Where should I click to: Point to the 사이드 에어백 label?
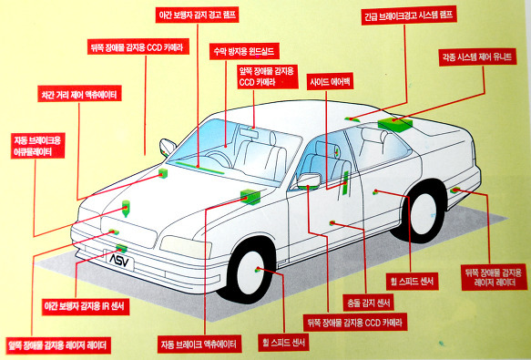[x=332, y=80]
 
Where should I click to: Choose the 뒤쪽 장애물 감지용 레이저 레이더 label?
[x=495, y=279]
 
